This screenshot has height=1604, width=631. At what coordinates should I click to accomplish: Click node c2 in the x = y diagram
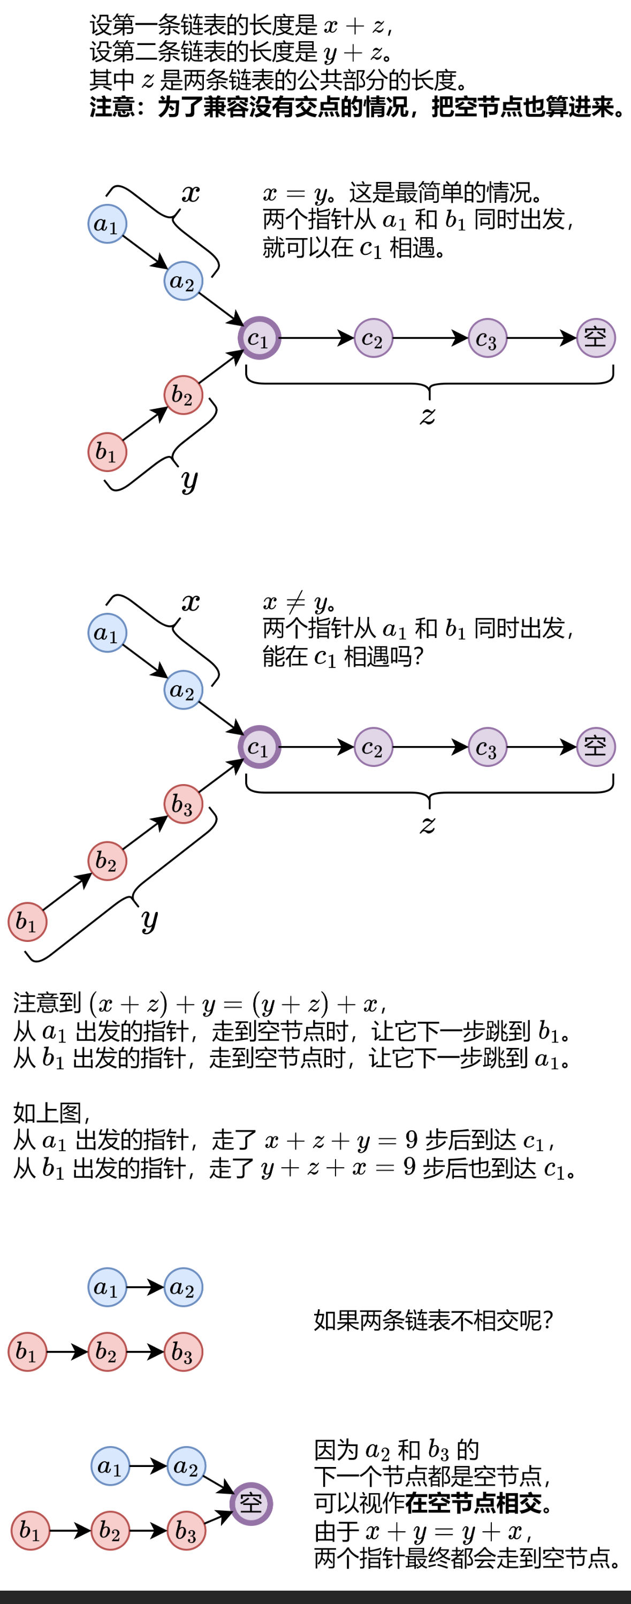pos(373,338)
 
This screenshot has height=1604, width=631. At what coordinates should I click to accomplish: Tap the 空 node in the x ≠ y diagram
pos(596,747)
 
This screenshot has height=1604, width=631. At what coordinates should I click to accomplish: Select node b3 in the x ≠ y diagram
pos(183,804)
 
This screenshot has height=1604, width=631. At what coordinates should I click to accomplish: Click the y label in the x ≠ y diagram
pos(149,919)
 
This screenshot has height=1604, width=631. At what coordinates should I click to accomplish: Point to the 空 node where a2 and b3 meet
pos(251,1504)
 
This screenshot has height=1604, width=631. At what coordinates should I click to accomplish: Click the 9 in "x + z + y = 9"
pos(411,1140)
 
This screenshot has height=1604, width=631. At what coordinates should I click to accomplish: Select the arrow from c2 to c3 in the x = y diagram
pos(430,338)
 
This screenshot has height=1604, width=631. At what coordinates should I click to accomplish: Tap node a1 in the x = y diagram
pos(107,224)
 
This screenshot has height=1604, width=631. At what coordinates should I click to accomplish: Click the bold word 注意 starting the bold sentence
pos(112,107)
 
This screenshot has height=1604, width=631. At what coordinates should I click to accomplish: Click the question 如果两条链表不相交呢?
pos(433,1320)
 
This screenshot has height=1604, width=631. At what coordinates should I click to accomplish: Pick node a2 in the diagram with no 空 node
pos(183,1287)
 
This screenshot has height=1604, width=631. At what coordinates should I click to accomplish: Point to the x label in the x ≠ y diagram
pos(191,602)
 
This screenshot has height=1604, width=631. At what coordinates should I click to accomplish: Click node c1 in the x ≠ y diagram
pos(259,747)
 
